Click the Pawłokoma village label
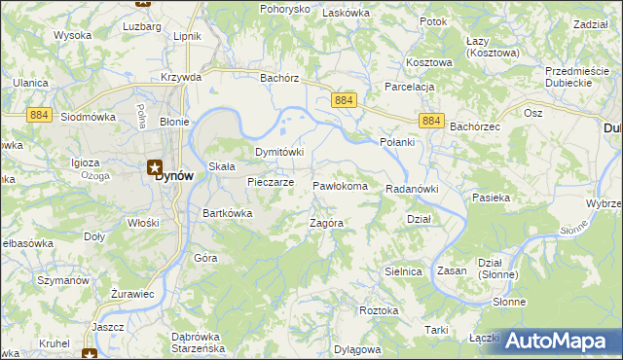point(340,186)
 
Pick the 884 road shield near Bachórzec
point(433,121)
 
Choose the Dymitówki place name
point(279,153)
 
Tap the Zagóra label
point(325,223)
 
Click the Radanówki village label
point(413,189)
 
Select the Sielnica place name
point(403,272)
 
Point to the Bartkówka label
point(227,213)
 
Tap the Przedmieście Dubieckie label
point(582,77)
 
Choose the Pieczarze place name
point(271,182)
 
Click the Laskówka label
point(347,13)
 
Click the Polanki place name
point(396,143)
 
